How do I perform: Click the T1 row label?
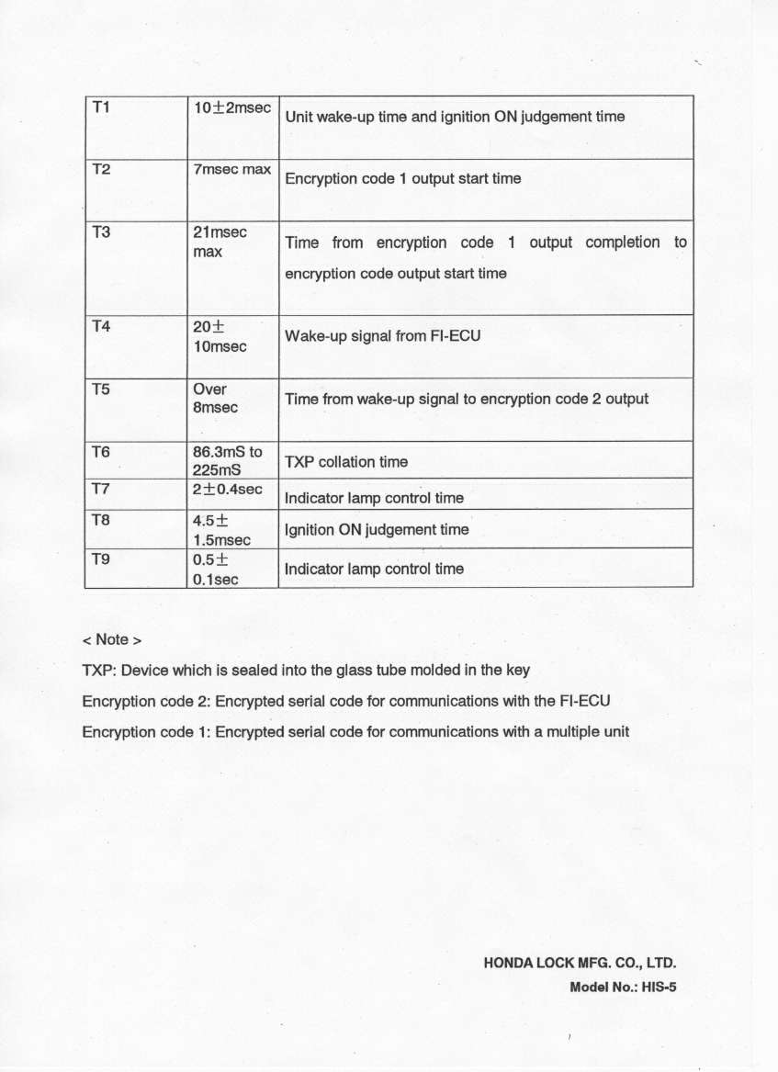[x=102, y=107]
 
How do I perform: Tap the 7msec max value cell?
[x=231, y=171]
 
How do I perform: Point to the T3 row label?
[x=102, y=232]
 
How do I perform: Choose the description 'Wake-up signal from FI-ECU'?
[x=382, y=336]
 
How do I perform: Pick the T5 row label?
[x=102, y=389]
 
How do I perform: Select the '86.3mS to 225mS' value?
[x=227, y=460]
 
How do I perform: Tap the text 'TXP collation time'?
[x=346, y=462]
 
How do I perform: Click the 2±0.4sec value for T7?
[x=227, y=490]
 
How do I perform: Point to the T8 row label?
[x=102, y=519]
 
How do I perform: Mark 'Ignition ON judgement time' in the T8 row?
[x=377, y=530]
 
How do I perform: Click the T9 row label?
[x=102, y=558]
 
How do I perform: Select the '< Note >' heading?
[x=112, y=639]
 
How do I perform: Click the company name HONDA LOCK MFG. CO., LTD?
[x=580, y=965]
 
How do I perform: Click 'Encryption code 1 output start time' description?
[x=402, y=179]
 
